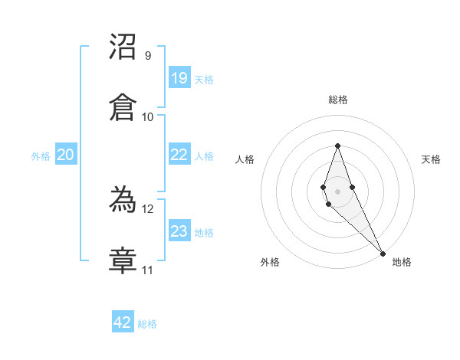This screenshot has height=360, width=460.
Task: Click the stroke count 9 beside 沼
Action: pos(148,56)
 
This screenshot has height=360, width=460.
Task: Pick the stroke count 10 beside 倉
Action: pos(148,117)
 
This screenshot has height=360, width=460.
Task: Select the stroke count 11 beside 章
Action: pos(148,270)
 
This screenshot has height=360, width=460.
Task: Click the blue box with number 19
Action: pos(179,78)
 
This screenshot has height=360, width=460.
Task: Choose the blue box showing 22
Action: pos(179,155)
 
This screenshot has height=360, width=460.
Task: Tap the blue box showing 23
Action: pos(179,231)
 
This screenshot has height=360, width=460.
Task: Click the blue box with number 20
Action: pos(65,155)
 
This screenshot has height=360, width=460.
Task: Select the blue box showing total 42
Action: pos(123,322)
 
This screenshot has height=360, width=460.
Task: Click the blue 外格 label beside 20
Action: pos(41,156)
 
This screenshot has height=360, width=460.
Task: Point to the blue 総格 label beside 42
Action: pos(147,324)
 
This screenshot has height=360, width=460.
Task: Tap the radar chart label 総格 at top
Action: pos(337,100)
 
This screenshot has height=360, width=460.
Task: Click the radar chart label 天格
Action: pos(431,159)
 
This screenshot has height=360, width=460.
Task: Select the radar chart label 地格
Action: pos(402,262)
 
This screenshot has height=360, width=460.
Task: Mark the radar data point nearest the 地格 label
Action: pos(383,252)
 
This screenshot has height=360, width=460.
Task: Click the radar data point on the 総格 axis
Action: pos(337,146)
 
